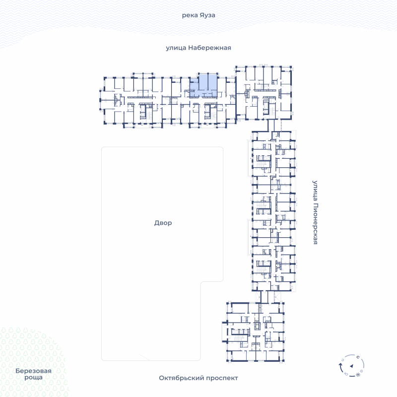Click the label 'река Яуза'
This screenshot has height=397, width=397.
click(x=198, y=15)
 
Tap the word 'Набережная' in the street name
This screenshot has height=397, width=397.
click(x=209, y=48)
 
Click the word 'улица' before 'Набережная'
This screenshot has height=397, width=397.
click(x=176, y=48)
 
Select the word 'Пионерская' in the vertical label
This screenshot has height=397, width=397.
click(x=315, y=222)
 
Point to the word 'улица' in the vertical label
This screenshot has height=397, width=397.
click(x=315, y=190)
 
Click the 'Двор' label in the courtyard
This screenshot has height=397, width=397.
click(x=163, y=223)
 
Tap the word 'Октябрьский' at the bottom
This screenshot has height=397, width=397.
click(x=181, y=378)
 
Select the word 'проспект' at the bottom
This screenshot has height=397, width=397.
click(x=222, y=378)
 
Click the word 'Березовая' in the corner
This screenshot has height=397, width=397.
click(x=33, y=371)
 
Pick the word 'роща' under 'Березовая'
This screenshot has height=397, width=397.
click(x=33, y=378)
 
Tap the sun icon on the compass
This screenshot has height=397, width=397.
click(x=358, y=375)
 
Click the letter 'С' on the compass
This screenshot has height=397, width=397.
click(x=358, y=357)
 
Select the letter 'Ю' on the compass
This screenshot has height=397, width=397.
click(x=346, y=374)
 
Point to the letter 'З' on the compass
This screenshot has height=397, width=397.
click(x=343, y=360)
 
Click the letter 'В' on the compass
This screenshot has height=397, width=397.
click(x=361, y=371)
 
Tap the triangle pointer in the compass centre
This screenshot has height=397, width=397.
click(x=352, y=366)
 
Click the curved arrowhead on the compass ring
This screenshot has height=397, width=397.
click(x=340, y=365)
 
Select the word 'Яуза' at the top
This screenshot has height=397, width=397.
click(x=207, y=15)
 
